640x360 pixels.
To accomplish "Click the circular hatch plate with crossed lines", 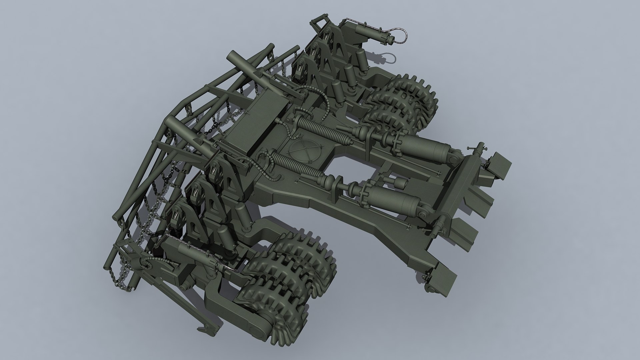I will [x=304, y=147].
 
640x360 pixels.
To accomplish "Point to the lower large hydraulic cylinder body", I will [x=393, y=199].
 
